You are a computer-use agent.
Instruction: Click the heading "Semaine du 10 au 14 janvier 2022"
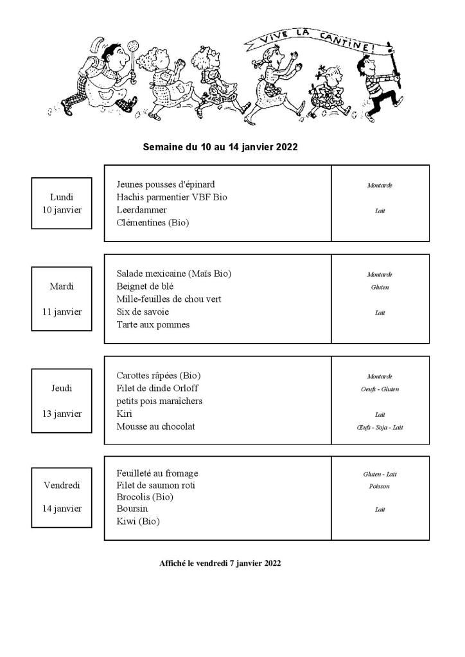[x=220, y=147]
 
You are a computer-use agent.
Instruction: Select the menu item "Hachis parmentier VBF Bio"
[x=171, y=197]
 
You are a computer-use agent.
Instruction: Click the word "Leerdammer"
[x=141, y=210]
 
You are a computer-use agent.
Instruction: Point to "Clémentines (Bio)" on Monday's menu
[x=153, y=223]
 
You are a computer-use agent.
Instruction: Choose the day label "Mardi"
[x=62, y=286]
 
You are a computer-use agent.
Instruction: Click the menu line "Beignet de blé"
[x=145, y=286]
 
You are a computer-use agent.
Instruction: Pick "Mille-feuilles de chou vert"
[x=169, y=299]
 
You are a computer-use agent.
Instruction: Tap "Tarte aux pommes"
[x=153, y=324]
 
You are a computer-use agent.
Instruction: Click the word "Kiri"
[x=125, y=414]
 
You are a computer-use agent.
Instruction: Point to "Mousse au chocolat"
[x=155, y=426]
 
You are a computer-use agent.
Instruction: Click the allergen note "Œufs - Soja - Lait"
[x=380, y=427]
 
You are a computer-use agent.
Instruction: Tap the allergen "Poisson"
[x=380, y=486]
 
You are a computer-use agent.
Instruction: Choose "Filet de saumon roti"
[x=155, y=486]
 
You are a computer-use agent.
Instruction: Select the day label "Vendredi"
[x=62, y=486]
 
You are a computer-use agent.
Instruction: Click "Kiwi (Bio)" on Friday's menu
[x=138, y=521]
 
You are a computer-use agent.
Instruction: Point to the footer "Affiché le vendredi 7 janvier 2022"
[x=220, y=563]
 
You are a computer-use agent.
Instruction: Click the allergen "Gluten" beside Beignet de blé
[x=380, y=287]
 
